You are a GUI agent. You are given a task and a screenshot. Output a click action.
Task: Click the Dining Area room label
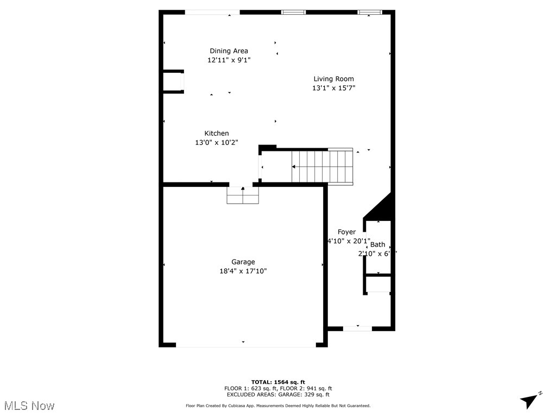229,51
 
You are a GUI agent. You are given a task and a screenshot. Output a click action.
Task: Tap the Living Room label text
333,79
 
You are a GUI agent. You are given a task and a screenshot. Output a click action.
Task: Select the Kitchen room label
217,133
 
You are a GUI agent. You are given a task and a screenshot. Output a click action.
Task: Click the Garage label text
243,262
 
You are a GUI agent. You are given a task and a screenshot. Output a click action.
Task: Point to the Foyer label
346,232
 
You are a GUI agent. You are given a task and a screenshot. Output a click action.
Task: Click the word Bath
377,244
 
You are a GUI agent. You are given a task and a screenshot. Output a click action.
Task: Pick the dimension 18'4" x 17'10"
239,271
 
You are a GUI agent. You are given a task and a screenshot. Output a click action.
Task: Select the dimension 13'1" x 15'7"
333,88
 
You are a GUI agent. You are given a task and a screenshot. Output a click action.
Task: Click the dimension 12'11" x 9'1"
229,60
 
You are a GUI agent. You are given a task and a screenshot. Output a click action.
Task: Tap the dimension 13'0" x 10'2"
217,142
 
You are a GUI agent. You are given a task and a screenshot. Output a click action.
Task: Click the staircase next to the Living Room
323,167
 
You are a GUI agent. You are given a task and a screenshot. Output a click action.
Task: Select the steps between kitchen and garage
243,195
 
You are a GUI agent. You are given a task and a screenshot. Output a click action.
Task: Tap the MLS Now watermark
29,406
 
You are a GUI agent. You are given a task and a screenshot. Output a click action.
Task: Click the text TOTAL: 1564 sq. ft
278,382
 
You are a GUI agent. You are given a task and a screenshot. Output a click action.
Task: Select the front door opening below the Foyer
357,328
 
